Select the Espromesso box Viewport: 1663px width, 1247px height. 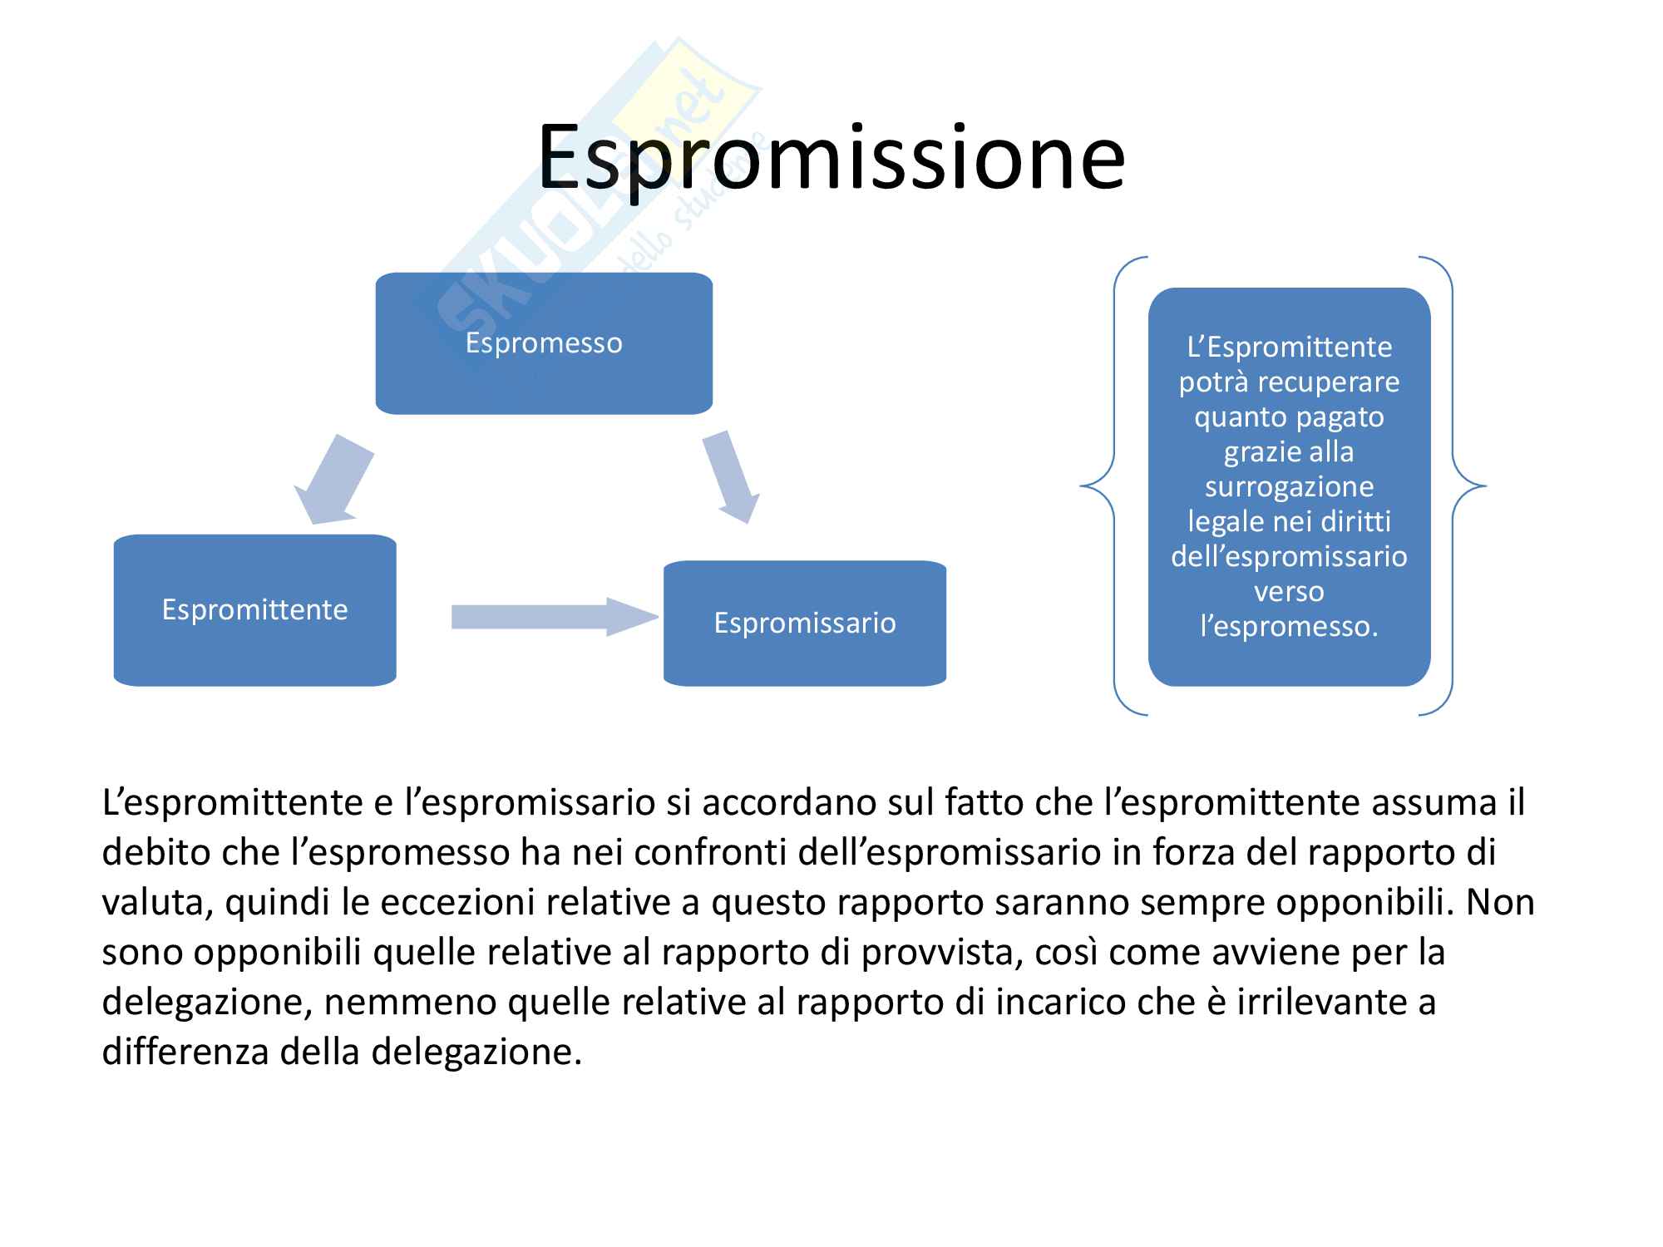click(544, 343)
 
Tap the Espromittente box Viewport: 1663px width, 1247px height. click(254, 610)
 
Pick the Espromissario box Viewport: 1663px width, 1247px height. click(805, 623)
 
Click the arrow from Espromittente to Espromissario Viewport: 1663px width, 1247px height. click(555, 617)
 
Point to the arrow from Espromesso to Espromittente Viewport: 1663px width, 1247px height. click(333, 480)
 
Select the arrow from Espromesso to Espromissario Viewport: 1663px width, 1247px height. click(731, 477)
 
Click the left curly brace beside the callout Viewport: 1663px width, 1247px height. click(1114, 486)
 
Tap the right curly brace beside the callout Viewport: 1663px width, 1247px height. click(1453, 486)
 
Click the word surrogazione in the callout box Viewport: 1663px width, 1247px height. click(1290, 487)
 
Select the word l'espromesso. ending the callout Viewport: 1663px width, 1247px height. click(1290, 626)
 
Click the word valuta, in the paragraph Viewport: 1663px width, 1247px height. click(154, 903)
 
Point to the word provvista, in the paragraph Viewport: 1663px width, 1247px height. click(937, 953)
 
